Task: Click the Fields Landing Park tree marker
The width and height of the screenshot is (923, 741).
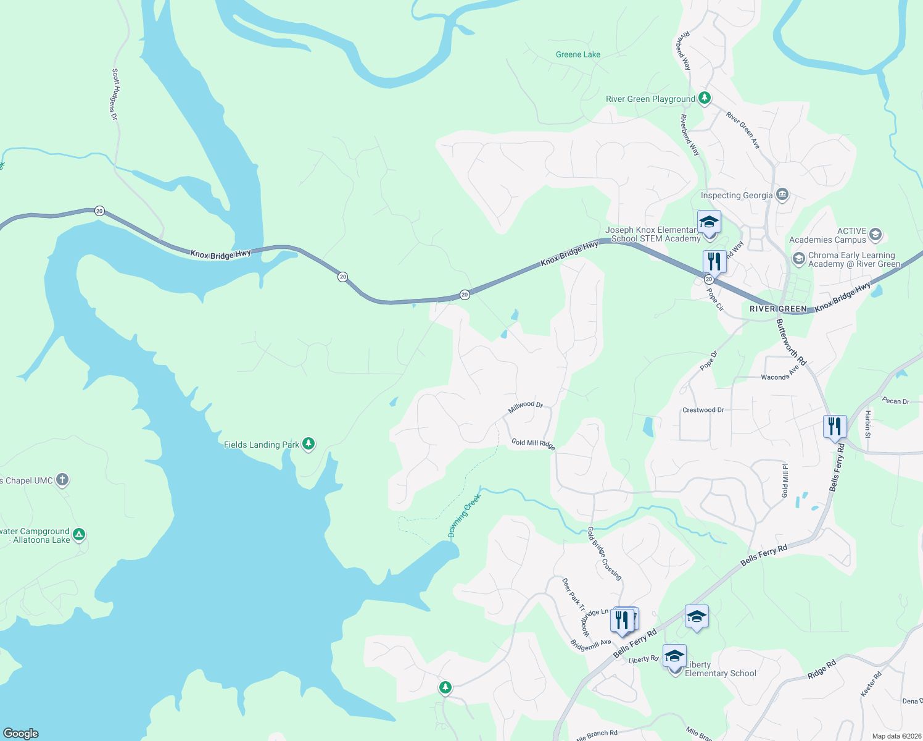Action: click(x=308, y=444)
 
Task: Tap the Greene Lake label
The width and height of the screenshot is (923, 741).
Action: click(x=577, y=54)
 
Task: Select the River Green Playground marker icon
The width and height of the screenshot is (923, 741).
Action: click(x=704, y=98)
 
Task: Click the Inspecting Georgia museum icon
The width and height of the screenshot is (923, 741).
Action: click(x=782, y=195)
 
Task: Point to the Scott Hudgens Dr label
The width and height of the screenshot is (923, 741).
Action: click(x=115, y=94)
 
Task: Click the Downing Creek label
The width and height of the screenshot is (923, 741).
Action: click(x=464, y=516)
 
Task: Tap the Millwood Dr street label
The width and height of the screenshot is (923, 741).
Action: click(x=525, y=407)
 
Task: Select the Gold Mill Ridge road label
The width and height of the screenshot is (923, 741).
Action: click(x=533, y=444)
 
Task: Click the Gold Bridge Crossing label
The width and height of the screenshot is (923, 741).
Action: click(x=604, y=553)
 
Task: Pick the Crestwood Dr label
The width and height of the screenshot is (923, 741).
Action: click(x=703, y=410)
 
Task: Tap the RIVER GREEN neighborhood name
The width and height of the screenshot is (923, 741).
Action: click(x=778, y=309)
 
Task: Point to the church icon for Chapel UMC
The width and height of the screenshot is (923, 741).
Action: click(x=62, y=480)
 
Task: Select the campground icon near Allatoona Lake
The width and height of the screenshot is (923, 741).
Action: click(x=78, y=535)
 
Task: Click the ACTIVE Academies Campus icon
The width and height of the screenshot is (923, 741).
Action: click(x=875, y=235)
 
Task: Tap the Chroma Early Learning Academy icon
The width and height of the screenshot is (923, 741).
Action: click(x=799, y=259)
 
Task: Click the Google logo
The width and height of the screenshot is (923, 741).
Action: click(x=20, y=733)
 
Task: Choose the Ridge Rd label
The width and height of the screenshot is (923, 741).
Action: click(x=822, y=669)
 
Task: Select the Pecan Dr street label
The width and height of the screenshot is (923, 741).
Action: click(x=895, y=401)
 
